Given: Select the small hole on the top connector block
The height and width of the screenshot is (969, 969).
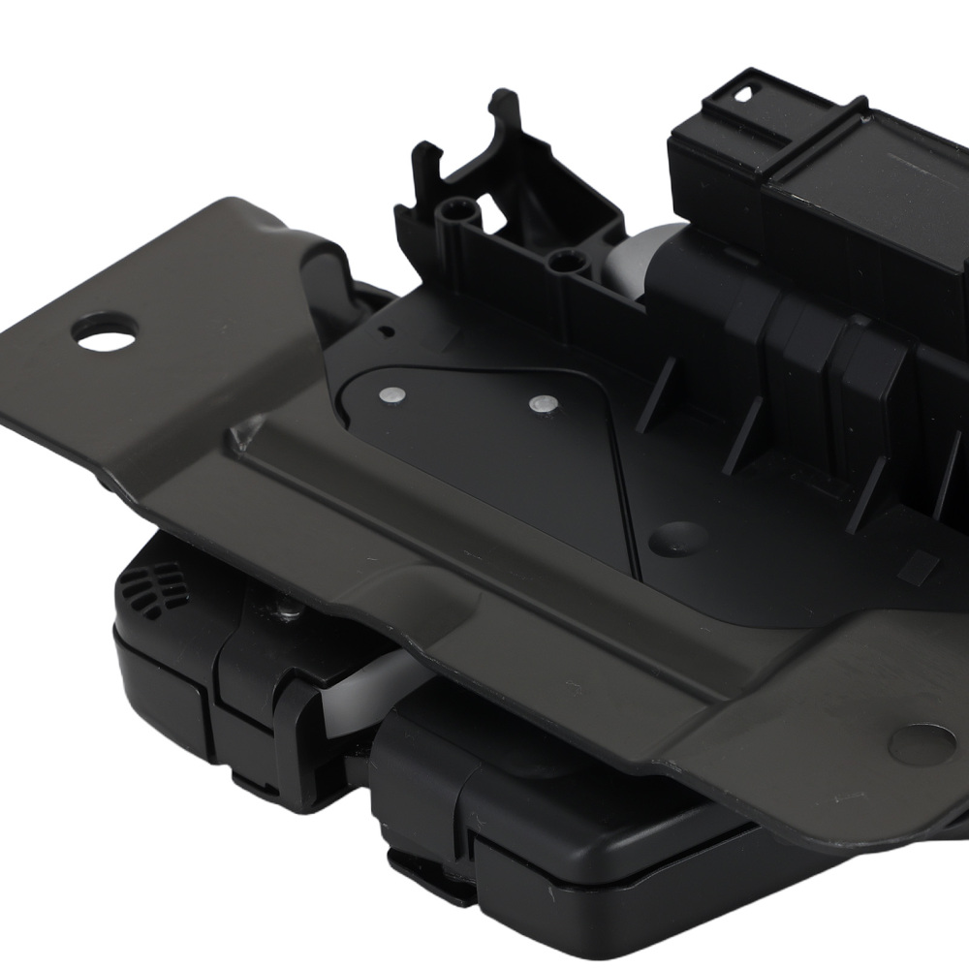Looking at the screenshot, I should coord(745,95).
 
